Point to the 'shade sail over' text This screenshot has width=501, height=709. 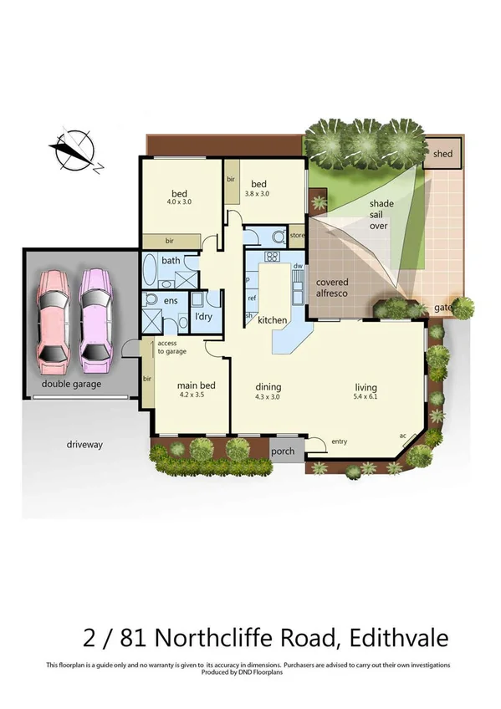381,214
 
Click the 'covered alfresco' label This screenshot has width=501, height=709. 332,288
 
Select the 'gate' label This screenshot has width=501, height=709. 442,308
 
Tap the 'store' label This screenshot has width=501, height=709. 296,236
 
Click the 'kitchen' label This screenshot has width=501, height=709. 273,320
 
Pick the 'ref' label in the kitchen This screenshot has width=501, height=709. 252,298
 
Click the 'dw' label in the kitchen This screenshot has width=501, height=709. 297,266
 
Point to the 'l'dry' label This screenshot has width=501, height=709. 203,318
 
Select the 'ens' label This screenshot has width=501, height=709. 171,300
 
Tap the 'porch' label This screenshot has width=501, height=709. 284,451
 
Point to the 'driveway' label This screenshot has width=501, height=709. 84,444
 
